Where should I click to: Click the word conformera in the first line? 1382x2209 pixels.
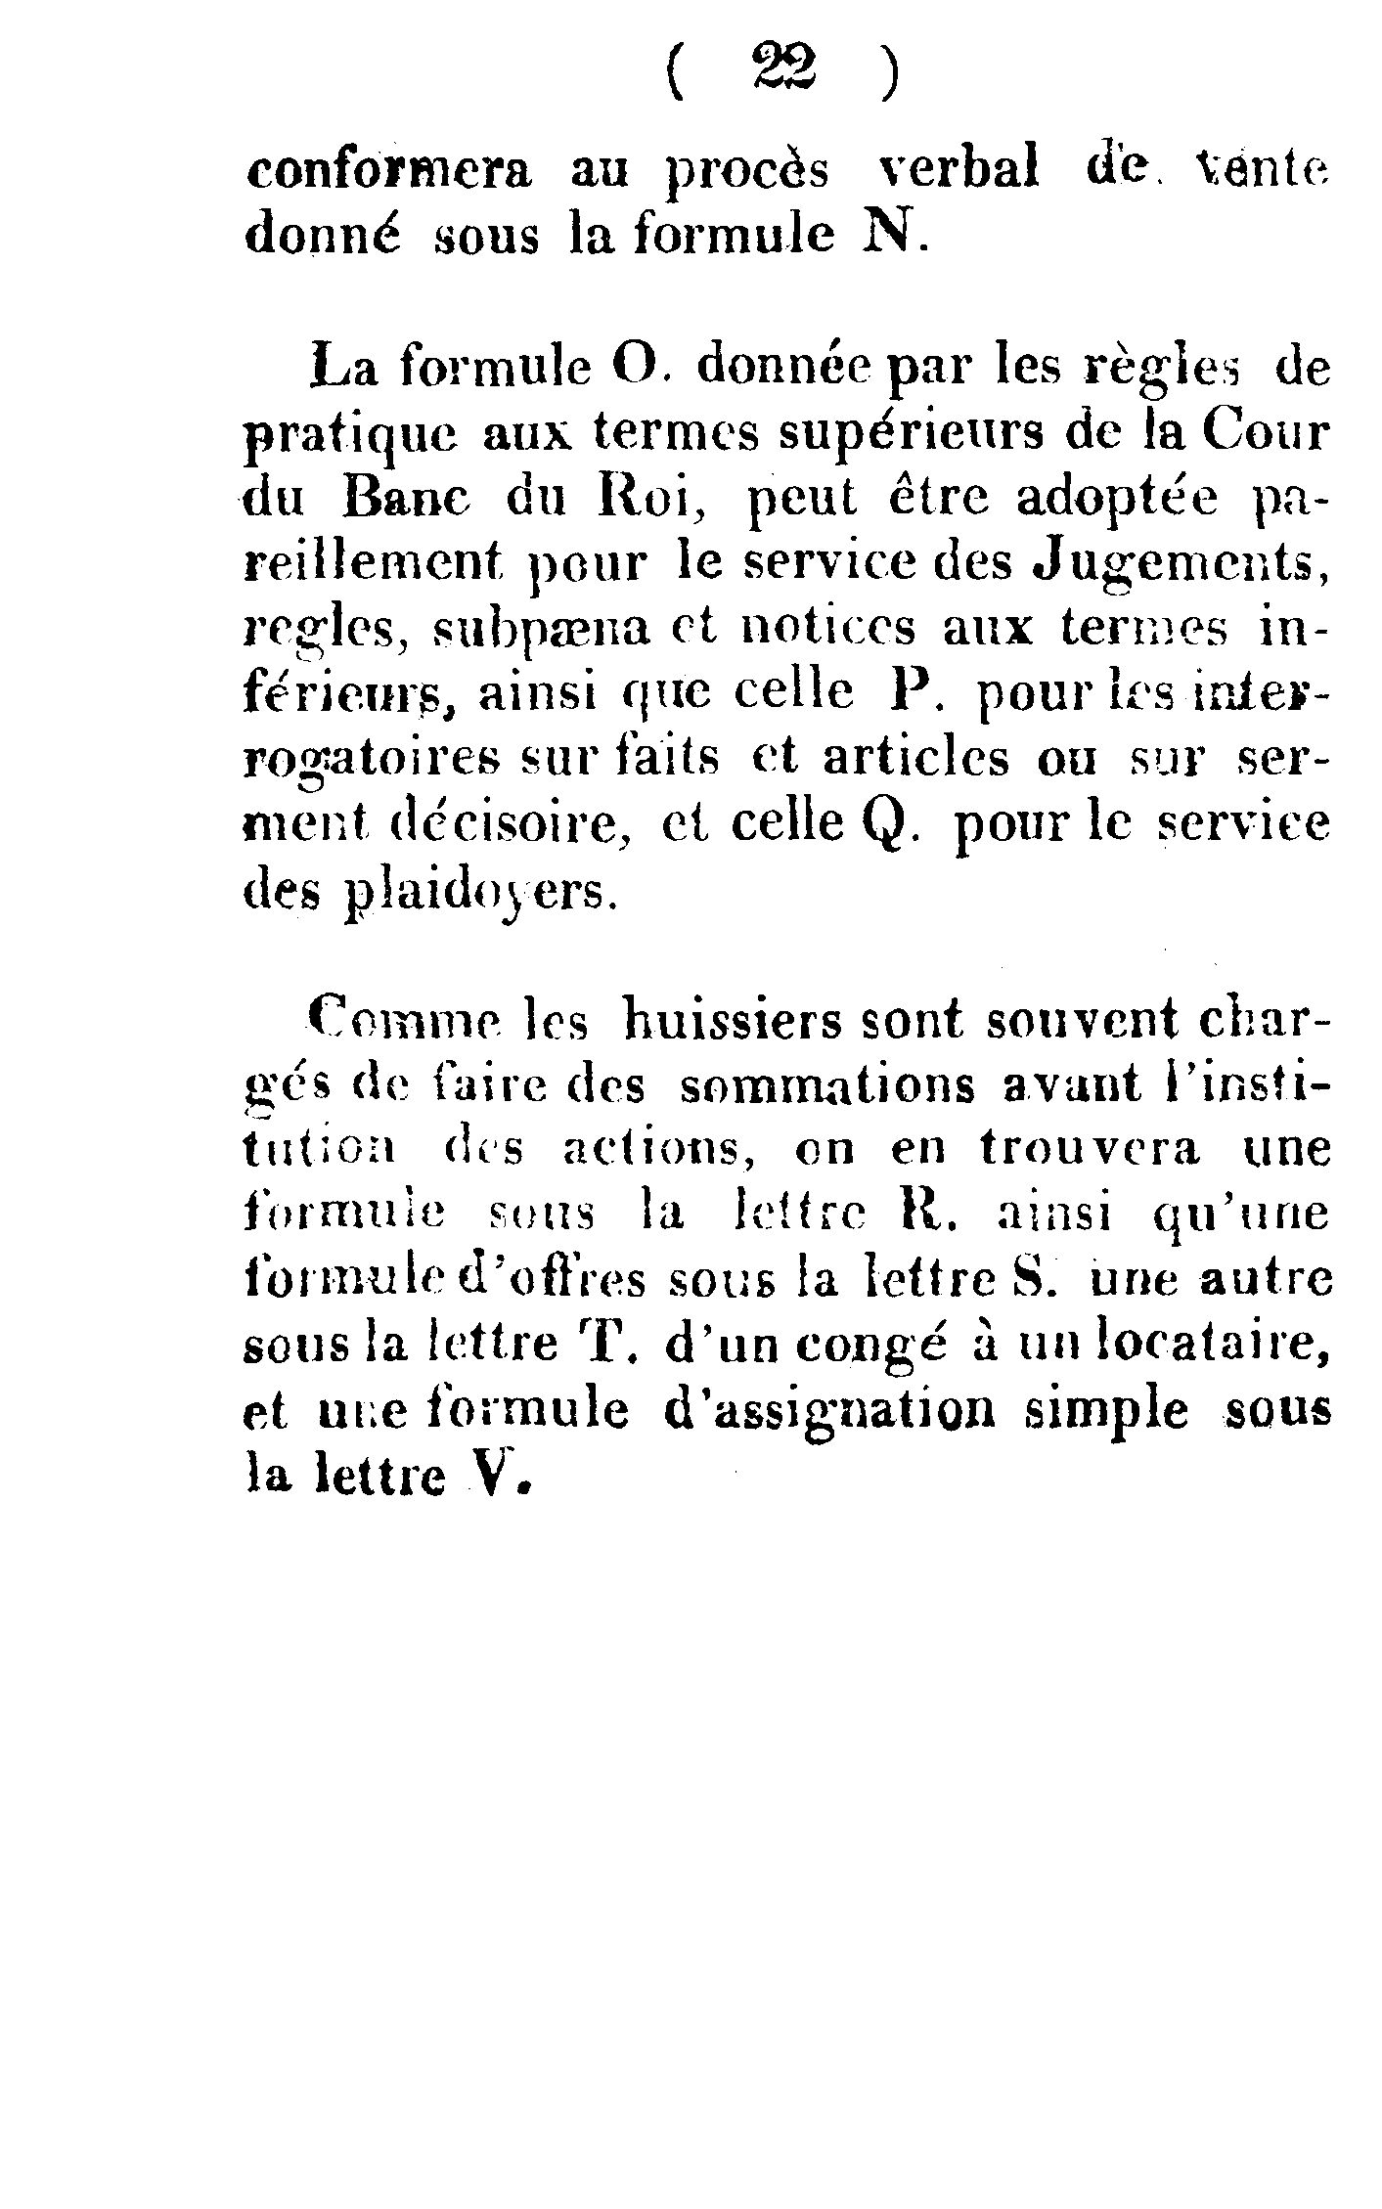[388, 172]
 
